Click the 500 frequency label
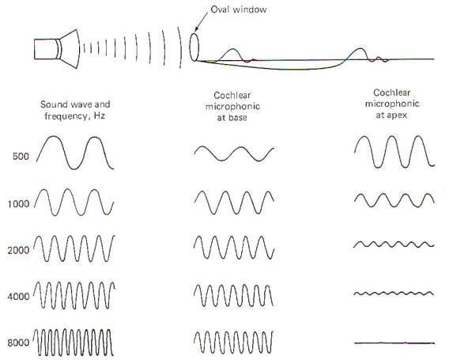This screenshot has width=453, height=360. click(21, 157)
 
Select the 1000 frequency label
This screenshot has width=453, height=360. click(18, 204)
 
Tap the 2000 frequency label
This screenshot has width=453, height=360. click(18, 250)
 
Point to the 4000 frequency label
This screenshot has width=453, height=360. click(18, 297)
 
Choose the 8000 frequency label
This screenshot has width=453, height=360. click(18, 343)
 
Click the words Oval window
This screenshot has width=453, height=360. click(239, 9)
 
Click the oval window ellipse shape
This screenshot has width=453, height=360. click(194, 47)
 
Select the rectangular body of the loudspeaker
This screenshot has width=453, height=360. click(45, 49)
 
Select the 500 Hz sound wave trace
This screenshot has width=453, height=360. click(75, 153)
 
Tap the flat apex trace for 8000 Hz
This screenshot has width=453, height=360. click(394, 343)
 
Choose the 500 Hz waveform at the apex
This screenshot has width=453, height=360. click(394, 152)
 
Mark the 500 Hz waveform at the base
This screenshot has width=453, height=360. click(234, 153)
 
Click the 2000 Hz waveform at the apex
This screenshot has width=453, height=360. click(394, 244)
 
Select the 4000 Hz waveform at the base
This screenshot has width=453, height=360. click(233, 296)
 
